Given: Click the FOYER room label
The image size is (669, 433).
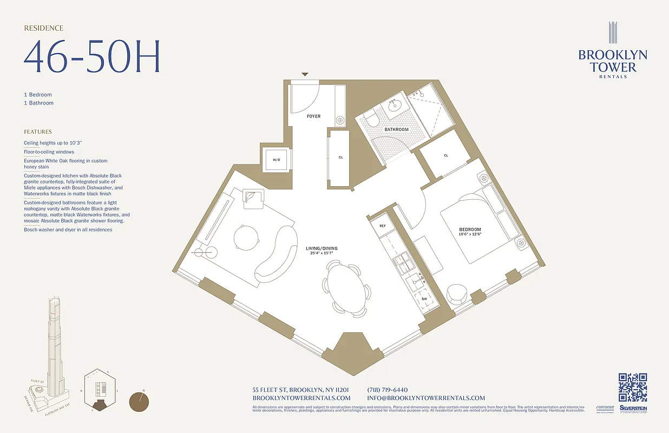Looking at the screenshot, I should tap(313, 116).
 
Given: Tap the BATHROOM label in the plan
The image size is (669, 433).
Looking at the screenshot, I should tap(397, 130).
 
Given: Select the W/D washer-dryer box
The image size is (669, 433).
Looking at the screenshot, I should tap(277, 160).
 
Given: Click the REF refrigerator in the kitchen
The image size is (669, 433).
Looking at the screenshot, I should tap(382, 226).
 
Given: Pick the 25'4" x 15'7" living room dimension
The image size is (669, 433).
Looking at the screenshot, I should tap(322, 253).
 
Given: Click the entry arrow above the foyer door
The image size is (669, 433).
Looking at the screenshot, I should tap(305, 74).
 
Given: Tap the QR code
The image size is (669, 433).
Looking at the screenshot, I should tap(633, 387).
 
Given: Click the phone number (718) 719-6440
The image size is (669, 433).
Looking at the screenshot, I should tap(387, 390).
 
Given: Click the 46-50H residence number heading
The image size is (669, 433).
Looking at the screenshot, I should tap(92, 57).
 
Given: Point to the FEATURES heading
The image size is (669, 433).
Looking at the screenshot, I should tap(38, 132).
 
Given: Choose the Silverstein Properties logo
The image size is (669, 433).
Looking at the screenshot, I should tap(633, 410).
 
